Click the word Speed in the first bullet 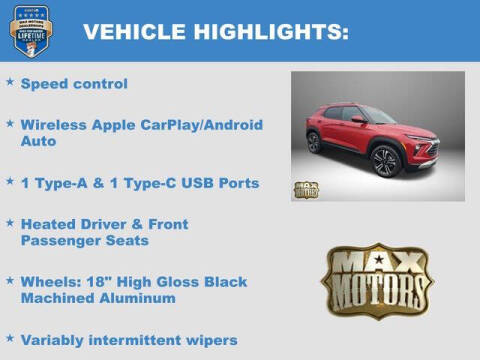pyautogui.click(x=44, y=84)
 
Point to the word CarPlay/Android pyautogui.click(x=187, y=125)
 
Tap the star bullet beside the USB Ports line pyautogui.click(x=10, y=181)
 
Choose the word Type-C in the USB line pyautogui.click(x=157, y=183)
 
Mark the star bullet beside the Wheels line pyautogui.click(x=10, y=279)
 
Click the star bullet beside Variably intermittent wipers pyautogui.click(x=10, y=337)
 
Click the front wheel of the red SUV pyautogui.click(x=385, y=161)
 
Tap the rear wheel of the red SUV pyautogui.click(x=314, y=142)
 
